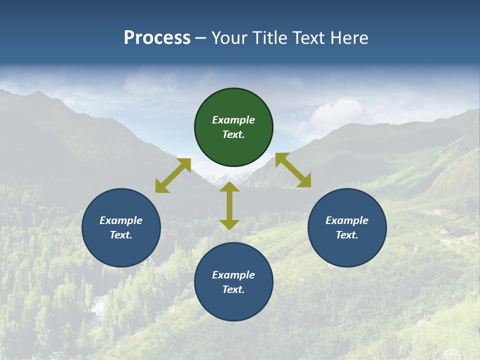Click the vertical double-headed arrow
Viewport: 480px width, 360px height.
(229, 206)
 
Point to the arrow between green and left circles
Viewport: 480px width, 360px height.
(173, 175)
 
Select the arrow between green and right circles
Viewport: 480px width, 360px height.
(293, 170)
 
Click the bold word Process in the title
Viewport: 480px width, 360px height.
(157, 38)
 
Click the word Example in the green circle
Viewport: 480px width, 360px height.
(233, 120)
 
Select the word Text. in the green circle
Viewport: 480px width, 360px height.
(233, 134)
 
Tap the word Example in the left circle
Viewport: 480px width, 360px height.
(121, 220)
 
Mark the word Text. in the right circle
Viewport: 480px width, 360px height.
(347, 235)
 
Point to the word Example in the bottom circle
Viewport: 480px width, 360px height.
(233, 275)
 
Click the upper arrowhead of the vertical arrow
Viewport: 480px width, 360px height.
(229, 186)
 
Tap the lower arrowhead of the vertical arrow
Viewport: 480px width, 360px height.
(229, 225)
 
